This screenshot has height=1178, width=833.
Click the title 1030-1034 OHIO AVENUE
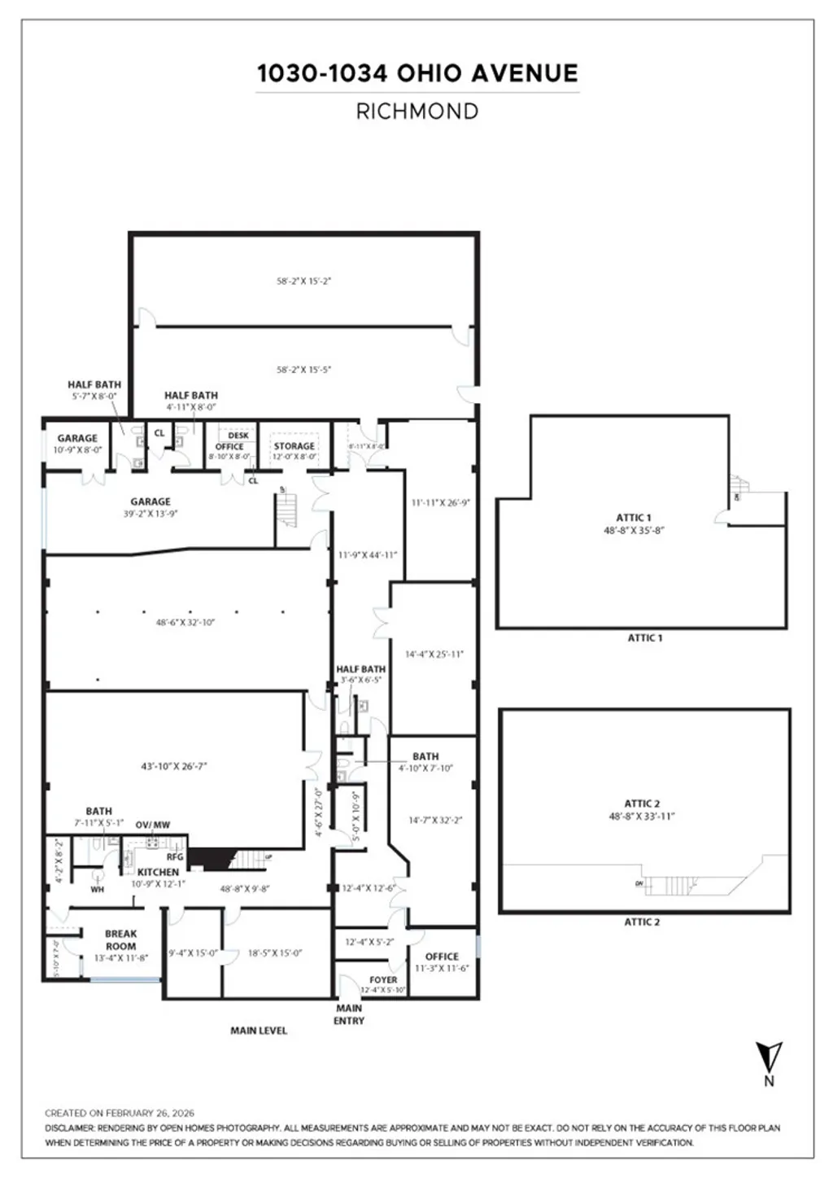click(417, 73)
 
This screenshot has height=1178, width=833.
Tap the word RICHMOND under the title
click(417, 112)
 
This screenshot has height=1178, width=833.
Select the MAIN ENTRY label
click(349, 1014)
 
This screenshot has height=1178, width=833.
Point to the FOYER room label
click(383, 980)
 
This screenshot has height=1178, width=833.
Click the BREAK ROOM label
click(120, 940)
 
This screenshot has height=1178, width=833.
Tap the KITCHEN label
click(158, 872)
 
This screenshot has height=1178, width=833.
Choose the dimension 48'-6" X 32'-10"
click(185, 623)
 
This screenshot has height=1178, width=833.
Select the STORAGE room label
click(294, 446)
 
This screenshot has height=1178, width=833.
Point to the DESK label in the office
click(238, 436)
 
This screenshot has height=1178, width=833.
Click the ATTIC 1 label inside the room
click(634, 518)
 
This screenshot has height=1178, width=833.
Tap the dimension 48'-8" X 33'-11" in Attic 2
click(642, 817)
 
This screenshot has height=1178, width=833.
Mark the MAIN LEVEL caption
click(259, 1031)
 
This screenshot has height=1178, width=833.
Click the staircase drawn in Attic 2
click(675, 885)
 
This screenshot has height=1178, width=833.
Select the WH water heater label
click(98, 890)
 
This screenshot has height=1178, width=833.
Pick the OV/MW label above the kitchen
click(153, 825)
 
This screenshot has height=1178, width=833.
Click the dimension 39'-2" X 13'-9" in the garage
click(150, 514)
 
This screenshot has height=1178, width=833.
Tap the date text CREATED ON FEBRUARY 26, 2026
click(120, 1113)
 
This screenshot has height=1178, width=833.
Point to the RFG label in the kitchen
click(175, 856)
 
